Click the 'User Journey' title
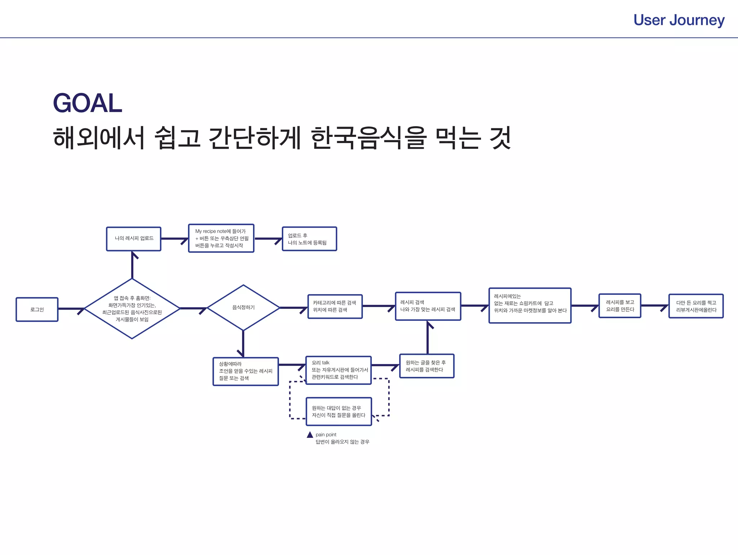(679, 20)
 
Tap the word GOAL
(88, 103)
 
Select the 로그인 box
(37, 309)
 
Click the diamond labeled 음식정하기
(243, 307)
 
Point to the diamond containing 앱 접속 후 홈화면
(132, 308)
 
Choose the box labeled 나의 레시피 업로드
(134, 239)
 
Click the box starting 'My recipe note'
(221, 238)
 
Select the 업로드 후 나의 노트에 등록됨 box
(309, 239)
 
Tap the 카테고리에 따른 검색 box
(335, 306)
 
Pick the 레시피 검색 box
(428, 306)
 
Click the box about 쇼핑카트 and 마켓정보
(530, 305)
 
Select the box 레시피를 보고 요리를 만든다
(619, 306)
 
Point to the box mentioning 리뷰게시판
(695, 306)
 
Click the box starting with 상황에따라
(245, 371)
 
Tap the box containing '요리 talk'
(338, 370)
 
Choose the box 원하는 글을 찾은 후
(427, 366)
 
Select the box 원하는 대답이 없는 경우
(338, 412)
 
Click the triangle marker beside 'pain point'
(310, 435)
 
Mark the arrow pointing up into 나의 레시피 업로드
(133, 265)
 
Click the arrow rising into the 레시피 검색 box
(428, 337)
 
